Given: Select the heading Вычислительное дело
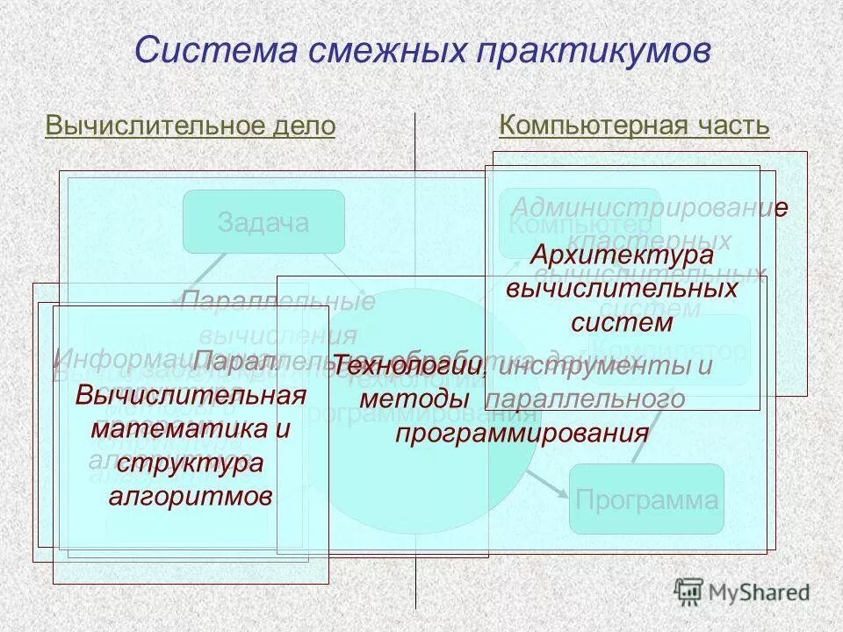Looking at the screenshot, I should tap(190, 126).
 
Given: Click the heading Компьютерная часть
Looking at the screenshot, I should tap(634, 126).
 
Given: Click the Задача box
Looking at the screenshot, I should tap(263, 222).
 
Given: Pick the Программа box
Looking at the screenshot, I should tap(647, 501).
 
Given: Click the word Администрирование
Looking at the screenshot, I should tap(648, 208).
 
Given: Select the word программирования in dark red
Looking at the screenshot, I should tap(522, 434).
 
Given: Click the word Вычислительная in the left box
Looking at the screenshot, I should tap(191, 394).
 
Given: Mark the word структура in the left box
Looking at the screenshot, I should tap(191, 463).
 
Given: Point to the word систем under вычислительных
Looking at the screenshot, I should tap(622, 322).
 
